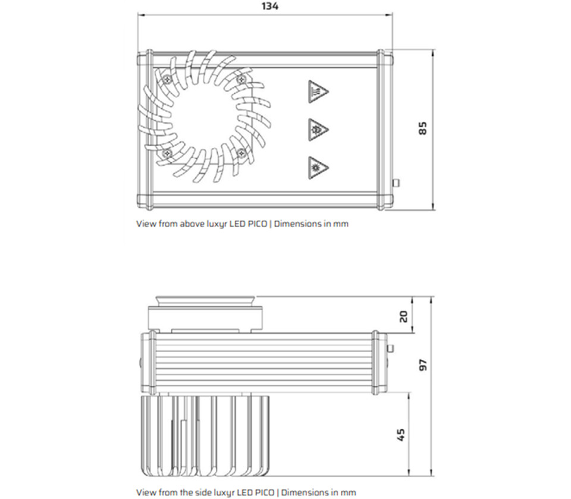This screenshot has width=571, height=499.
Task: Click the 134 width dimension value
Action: click(270, 6)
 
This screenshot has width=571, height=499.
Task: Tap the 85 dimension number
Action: click(422, 128)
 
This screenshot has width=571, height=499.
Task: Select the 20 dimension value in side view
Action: click(403, 316)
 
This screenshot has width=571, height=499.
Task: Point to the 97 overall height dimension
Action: click(423, 365)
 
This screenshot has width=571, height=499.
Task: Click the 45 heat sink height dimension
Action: click(400, 435)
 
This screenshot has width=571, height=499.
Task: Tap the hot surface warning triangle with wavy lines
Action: click(318, 92)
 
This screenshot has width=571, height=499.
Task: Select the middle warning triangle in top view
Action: click(318, 129)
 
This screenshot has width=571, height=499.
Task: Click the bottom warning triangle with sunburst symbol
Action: click(318, 168)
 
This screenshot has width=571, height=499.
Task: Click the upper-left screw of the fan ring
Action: click(167, 79)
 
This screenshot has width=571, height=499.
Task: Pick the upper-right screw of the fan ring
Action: click(241, 80)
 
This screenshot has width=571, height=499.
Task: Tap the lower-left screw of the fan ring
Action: click(167, 153)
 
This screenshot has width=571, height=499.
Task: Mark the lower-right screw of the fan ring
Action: click(241, 153)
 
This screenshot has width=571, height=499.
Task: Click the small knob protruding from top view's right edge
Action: click(396, 183)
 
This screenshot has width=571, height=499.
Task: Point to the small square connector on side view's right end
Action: click(390, 349)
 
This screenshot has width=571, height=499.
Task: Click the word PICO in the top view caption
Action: click(257, 224)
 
